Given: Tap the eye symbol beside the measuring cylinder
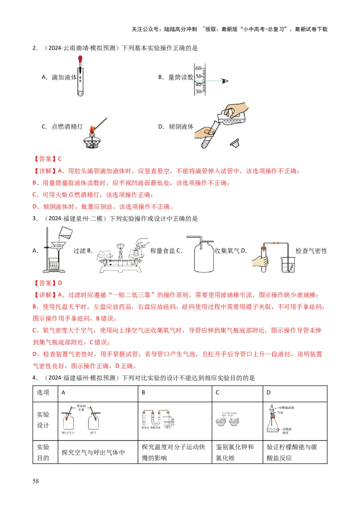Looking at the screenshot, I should (x=225, y=81).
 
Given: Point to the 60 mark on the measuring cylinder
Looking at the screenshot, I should (x=198, y=68).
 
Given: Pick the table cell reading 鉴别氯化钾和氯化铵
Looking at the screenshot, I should (x=235, y=452).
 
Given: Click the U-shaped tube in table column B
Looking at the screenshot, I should (x=157, y=420).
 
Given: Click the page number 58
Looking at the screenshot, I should (x=36, y=482).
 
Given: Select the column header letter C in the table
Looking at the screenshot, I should (x=217, y=393).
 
